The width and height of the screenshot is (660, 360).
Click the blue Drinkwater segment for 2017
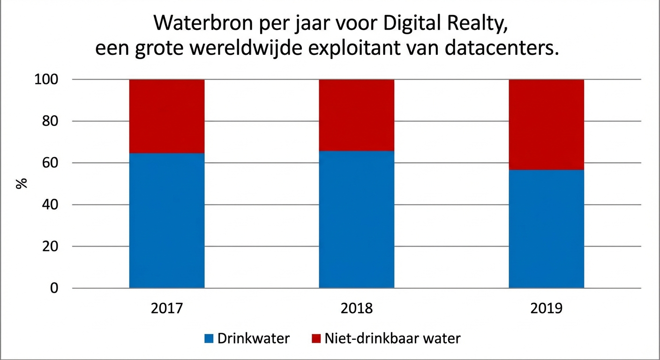(x=167, y=220)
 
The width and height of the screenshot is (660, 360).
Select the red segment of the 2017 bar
(x=167, y=116)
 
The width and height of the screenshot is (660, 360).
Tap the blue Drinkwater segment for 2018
(x=356, y=219)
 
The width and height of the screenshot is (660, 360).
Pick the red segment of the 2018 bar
(x=356, y=115)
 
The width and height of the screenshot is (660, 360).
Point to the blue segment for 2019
(x=546, y=229)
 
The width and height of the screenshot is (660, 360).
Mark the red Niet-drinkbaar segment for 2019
(x=546, y=125)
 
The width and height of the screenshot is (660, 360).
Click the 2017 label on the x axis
(x=166, y=308)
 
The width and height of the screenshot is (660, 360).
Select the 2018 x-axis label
(x=356, y=308)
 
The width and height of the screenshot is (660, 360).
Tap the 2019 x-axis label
(x=546, y=308)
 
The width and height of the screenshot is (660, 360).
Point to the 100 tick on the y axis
(x=46, y=80)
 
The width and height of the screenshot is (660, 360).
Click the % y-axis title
(x=22, y=183)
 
